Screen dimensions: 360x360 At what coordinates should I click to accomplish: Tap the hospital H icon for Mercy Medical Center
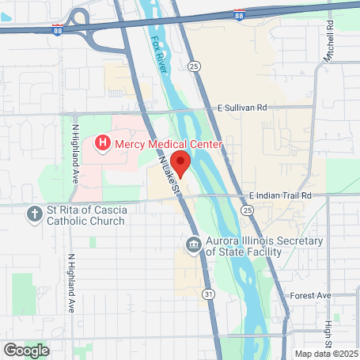pyautogui.click(x=102, y=143)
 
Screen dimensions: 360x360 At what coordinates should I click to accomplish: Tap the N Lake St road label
pyautogui.click(x=170, y=175)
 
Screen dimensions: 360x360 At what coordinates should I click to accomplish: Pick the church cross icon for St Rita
pyautogui.click(x=34, y=214)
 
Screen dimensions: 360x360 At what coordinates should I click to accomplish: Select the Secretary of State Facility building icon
pyautogui.click(x=193, y=245)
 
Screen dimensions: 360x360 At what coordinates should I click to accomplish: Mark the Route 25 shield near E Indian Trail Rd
pyautogui.click(x=248, y=211)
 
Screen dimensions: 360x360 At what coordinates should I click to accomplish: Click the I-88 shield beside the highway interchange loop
pyautogui.click(x=58, y=29)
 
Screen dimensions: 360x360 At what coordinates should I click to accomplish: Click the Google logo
pyautogui.click(x=26, y=349)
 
